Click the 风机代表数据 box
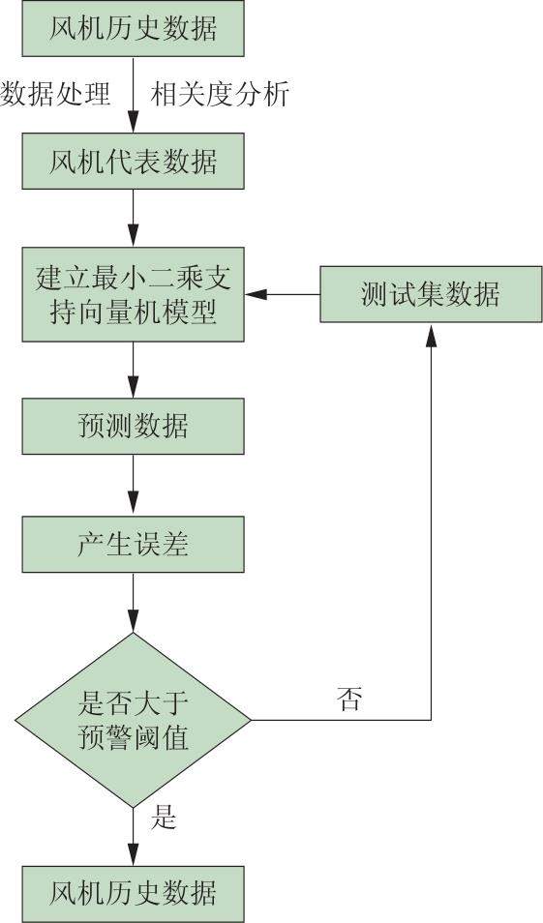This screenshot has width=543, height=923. [x=134, y=161]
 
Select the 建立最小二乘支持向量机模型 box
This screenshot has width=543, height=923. [x=134, y=294]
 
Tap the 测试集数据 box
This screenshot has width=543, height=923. [x=431, y=294]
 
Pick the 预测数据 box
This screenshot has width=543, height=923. [x=134, y=426]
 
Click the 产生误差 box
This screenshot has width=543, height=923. [x=134, y=544]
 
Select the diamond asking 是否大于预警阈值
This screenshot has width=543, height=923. [x=134, y=719]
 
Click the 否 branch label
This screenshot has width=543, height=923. [x=348, y=699]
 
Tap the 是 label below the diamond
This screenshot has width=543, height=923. [x=164, y=818]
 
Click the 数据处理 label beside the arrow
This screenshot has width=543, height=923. [x=55, y=94]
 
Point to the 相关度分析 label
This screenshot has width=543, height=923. [x=220, y=94]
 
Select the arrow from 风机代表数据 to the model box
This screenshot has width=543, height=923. [x=134, y=218]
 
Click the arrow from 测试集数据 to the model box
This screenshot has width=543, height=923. [x=283, y=294]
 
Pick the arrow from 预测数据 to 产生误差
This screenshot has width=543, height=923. [x=134, y=485]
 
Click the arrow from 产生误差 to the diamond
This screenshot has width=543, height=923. [x=134, y=602]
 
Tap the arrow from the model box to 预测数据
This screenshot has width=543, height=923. [x=134, y=370]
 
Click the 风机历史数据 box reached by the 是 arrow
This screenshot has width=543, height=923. [x=134, y=894]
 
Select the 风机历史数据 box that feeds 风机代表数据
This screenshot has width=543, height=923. [x=134, y=28]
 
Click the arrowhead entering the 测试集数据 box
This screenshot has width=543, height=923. [x=431, y=336]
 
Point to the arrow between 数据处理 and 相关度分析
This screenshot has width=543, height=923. [x=134, y=94]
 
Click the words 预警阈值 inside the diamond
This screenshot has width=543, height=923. [x=134, y=737]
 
